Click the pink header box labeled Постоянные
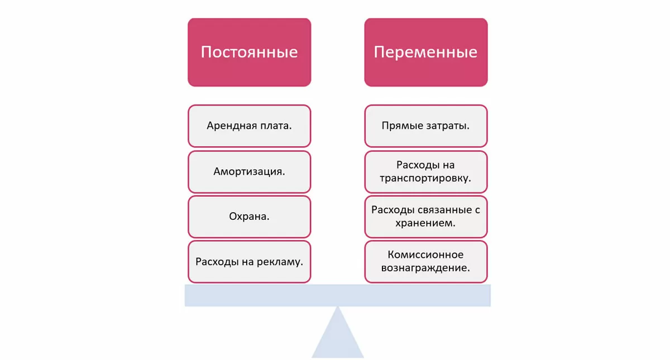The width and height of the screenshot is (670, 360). pos(249,52)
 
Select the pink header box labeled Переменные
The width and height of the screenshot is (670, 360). pos(425,52)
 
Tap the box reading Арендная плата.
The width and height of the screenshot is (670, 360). pos(249,126)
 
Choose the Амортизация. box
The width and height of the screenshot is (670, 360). pos(249,171)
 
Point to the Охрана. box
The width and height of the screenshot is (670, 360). pos(249,216)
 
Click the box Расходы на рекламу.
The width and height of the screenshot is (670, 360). pos(249,261)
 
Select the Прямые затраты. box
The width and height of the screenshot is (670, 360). pos(425,126)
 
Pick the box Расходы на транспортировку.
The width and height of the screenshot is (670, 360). pos(425,171)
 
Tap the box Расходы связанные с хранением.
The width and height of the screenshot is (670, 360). pos(425,216)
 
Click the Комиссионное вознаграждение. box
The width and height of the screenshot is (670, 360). pos(425,261)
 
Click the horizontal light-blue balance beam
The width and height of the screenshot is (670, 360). pos(337,295)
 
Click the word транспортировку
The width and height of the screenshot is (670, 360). pos(425,179)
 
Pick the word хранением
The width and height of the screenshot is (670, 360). pos(425,223)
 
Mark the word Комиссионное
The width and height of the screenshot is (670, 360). pos(425,255)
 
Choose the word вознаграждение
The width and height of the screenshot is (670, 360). pos(425,268)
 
